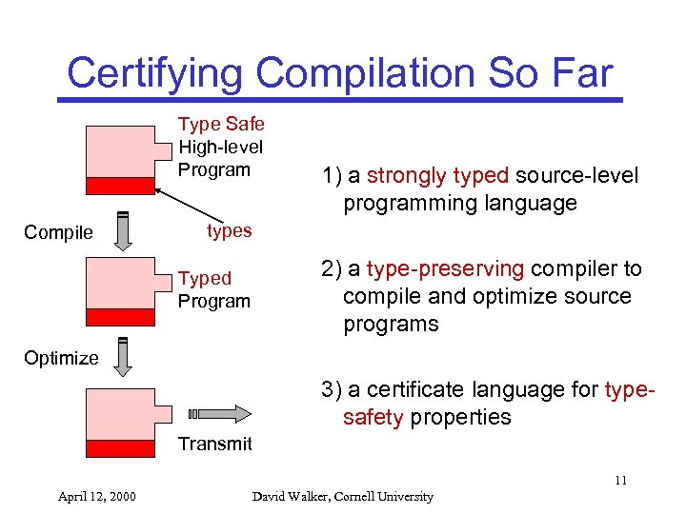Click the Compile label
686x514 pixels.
pyautogui.click(x=59, y=232)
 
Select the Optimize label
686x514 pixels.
pyautogui.click(x=61, y=358)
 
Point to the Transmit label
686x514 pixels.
pyautogui.click(x=214, y=444)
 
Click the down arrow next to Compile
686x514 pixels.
pyautogui.click(x=123, y=231)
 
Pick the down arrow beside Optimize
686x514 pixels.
pyautogui.click(x=123, y=357)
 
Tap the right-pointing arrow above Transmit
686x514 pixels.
pyautogui.click(x=220, y=413)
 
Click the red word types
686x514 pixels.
pyautogui.click(x=229, y=230)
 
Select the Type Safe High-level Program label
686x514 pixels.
pyautogui.click(x=221, y=147)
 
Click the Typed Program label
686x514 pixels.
pyautogui.click(x=213, y=289)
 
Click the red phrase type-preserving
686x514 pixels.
pyautogui.click(x=445, y=269)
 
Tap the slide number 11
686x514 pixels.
pyautogui.click(x=620, y=481)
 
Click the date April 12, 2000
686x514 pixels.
pyautogui.click(x=96, y=496)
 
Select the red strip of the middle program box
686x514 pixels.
pyautogui.click(x=120, y=317)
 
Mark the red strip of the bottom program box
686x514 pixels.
pyautogui.click(x=120, y=447)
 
